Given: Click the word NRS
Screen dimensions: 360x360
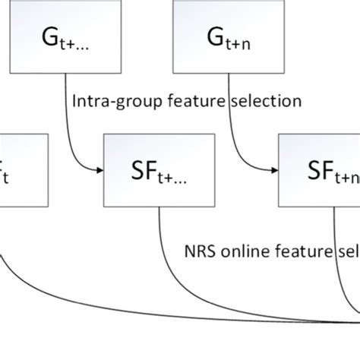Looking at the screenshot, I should click(200, 250).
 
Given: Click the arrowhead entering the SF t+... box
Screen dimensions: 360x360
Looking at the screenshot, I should click(99, 172).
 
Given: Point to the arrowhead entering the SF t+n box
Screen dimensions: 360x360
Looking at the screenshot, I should click(274, 172).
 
